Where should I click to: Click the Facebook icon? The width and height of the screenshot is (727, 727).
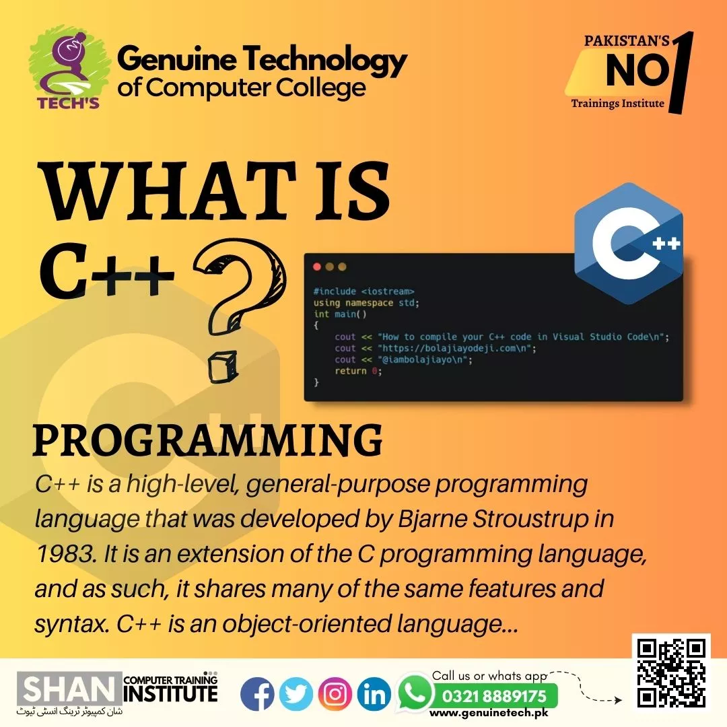(x=257, y=693)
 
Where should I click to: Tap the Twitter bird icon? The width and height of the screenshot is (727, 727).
(x=296, y=693)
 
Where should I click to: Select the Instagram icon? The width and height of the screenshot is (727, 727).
(x=335, y=693)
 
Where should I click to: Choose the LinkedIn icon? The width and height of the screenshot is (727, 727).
(x=374, y=693)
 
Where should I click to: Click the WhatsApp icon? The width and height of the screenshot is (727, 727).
(x=414, y=691)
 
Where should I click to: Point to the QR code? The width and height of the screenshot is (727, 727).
(x=671, y=672)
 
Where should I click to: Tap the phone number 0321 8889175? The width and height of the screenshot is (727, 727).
(x=494, y=696)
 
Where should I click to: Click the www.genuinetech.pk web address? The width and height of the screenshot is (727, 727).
(x=489, y=713)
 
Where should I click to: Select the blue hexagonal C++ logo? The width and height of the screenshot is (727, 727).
(x=628, y=244)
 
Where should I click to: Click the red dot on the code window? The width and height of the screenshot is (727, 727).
(x=317, y=267)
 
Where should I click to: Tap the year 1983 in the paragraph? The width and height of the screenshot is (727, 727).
(x=64, y=553)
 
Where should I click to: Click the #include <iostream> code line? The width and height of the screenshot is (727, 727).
(x=363, y=291)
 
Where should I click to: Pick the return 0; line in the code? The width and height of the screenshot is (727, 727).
(x=358, y=371)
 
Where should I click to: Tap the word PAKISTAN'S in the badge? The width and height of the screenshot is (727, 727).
(x=627, y=41)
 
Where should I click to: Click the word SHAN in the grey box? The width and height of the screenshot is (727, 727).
(x=69, y=689)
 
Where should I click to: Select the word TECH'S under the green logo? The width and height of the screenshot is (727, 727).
(x=68, y=102)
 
